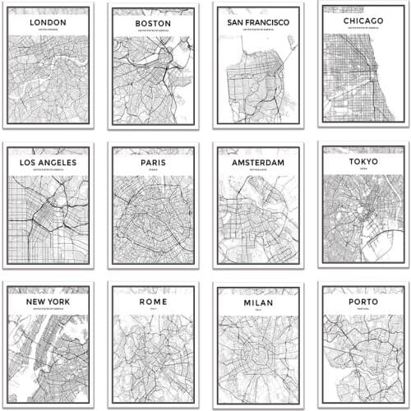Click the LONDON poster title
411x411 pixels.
[48, 22]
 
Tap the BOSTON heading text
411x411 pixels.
[152, 25]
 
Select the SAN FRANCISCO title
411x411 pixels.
[257, 22]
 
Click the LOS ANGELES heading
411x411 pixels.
[48, 163]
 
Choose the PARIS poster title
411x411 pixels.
[152, 163]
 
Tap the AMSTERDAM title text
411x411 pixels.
[257, 163]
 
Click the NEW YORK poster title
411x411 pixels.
[48, 302]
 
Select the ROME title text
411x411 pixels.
[152, 302]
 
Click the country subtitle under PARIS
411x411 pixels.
[152, 172]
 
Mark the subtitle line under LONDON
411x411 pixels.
[48, 30]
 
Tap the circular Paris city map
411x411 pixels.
[152, 218]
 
